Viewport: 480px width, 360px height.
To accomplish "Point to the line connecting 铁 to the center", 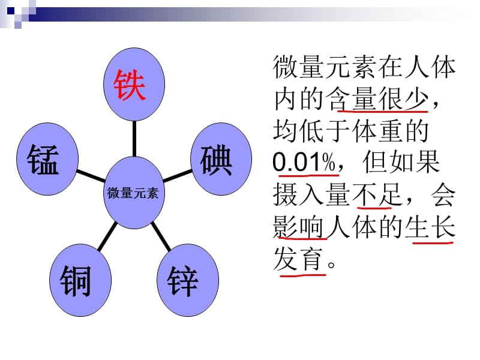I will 134,137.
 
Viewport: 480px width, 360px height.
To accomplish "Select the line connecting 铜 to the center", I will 107,235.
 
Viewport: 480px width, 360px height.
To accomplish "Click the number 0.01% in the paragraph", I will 302,163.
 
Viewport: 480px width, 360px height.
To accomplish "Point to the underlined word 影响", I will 299,228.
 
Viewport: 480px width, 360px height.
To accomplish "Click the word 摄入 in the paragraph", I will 299,195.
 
